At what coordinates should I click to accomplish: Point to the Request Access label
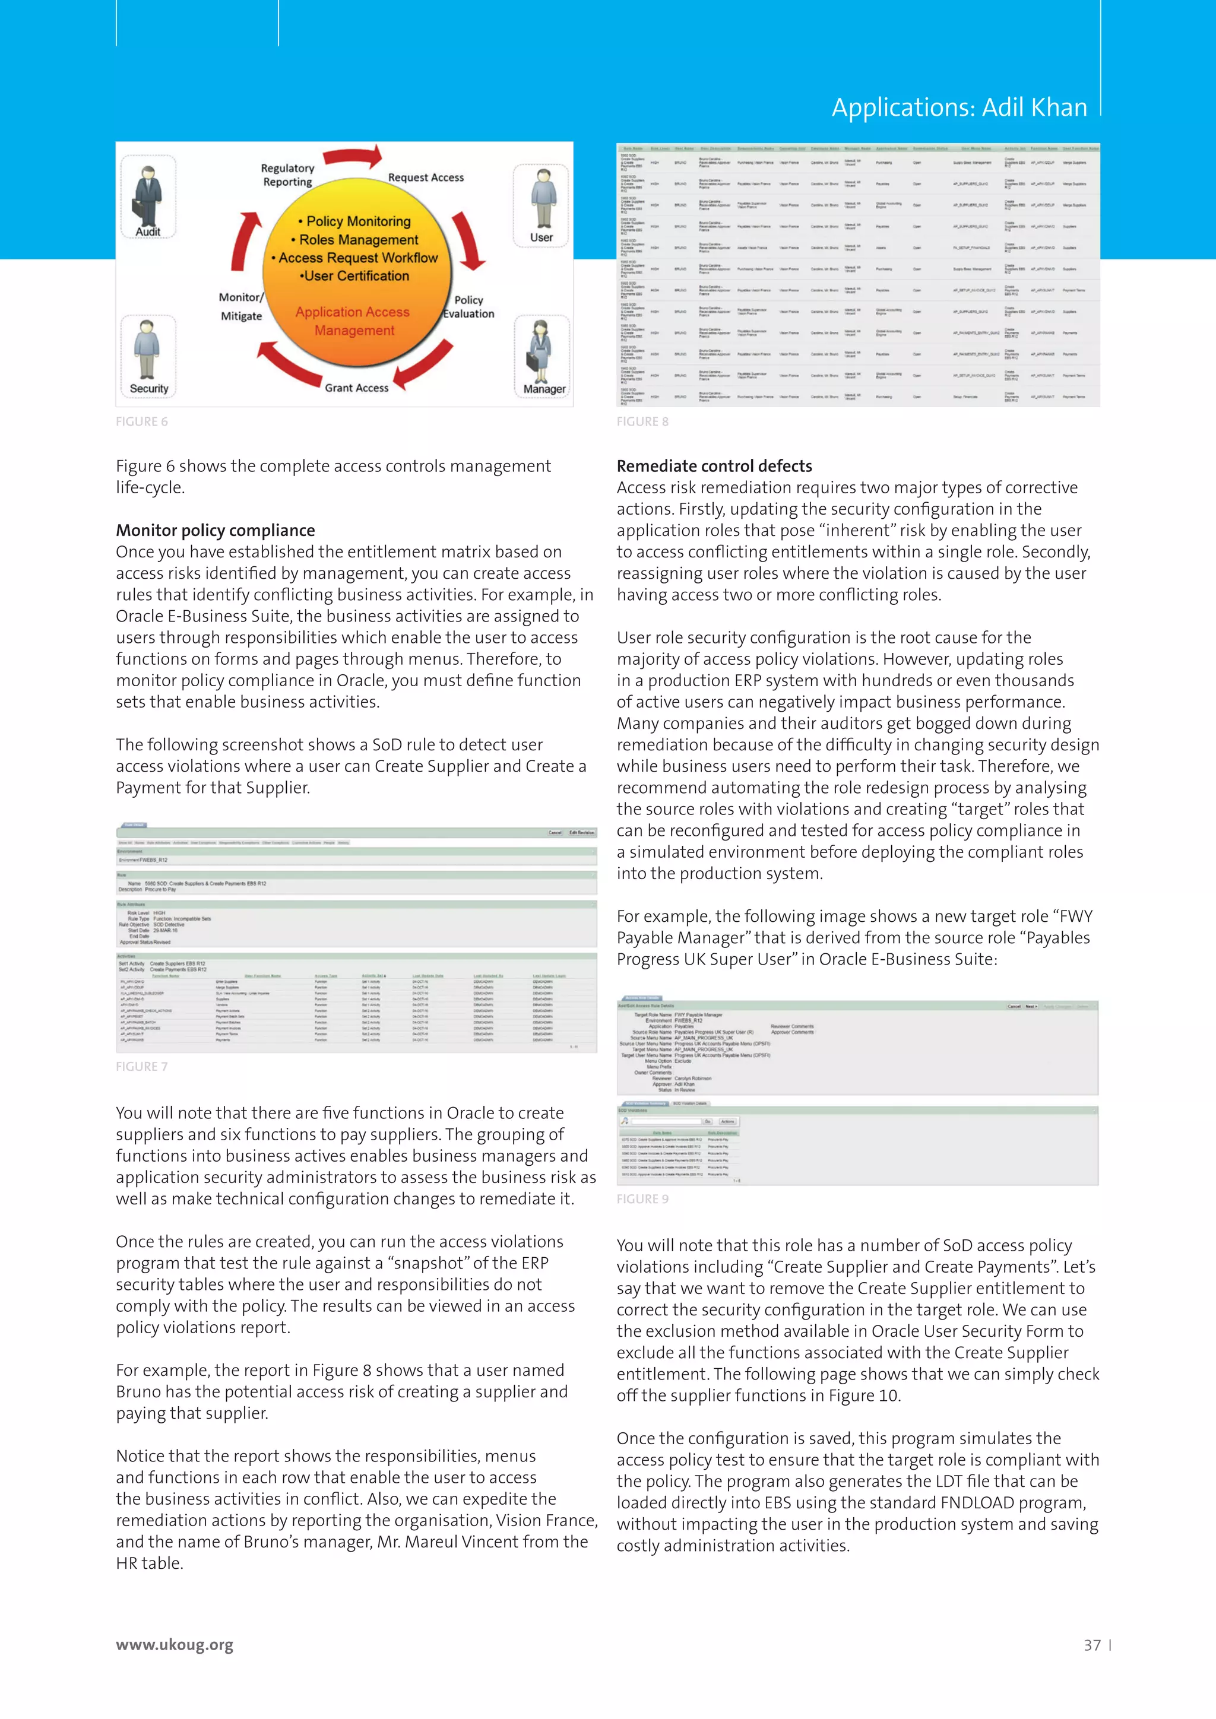click(x=425, y=177)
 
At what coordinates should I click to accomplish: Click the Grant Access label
click(x=356, y=388)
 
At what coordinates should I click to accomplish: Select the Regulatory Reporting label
click(x=287, y=175)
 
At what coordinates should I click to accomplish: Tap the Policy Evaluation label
click(x=468, y=307)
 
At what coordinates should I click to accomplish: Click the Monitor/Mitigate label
click(x=241, y=307)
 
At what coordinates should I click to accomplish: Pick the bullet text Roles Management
click(x=359, y=240)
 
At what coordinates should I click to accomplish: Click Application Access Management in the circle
click(x=353, y=321)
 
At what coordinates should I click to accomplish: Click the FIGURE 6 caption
click(x=141, y=421)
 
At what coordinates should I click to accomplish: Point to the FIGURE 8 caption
click(x=642, y=421)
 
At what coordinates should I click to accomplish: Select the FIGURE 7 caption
click(x=141, y=1066)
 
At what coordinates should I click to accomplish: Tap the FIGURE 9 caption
click(x=642, y=1198)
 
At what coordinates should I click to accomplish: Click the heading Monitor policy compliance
click(x=215, y=530)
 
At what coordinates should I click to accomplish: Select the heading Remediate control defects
click(x=714, y=466)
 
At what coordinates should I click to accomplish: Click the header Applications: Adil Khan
click(x=959, y=108)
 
